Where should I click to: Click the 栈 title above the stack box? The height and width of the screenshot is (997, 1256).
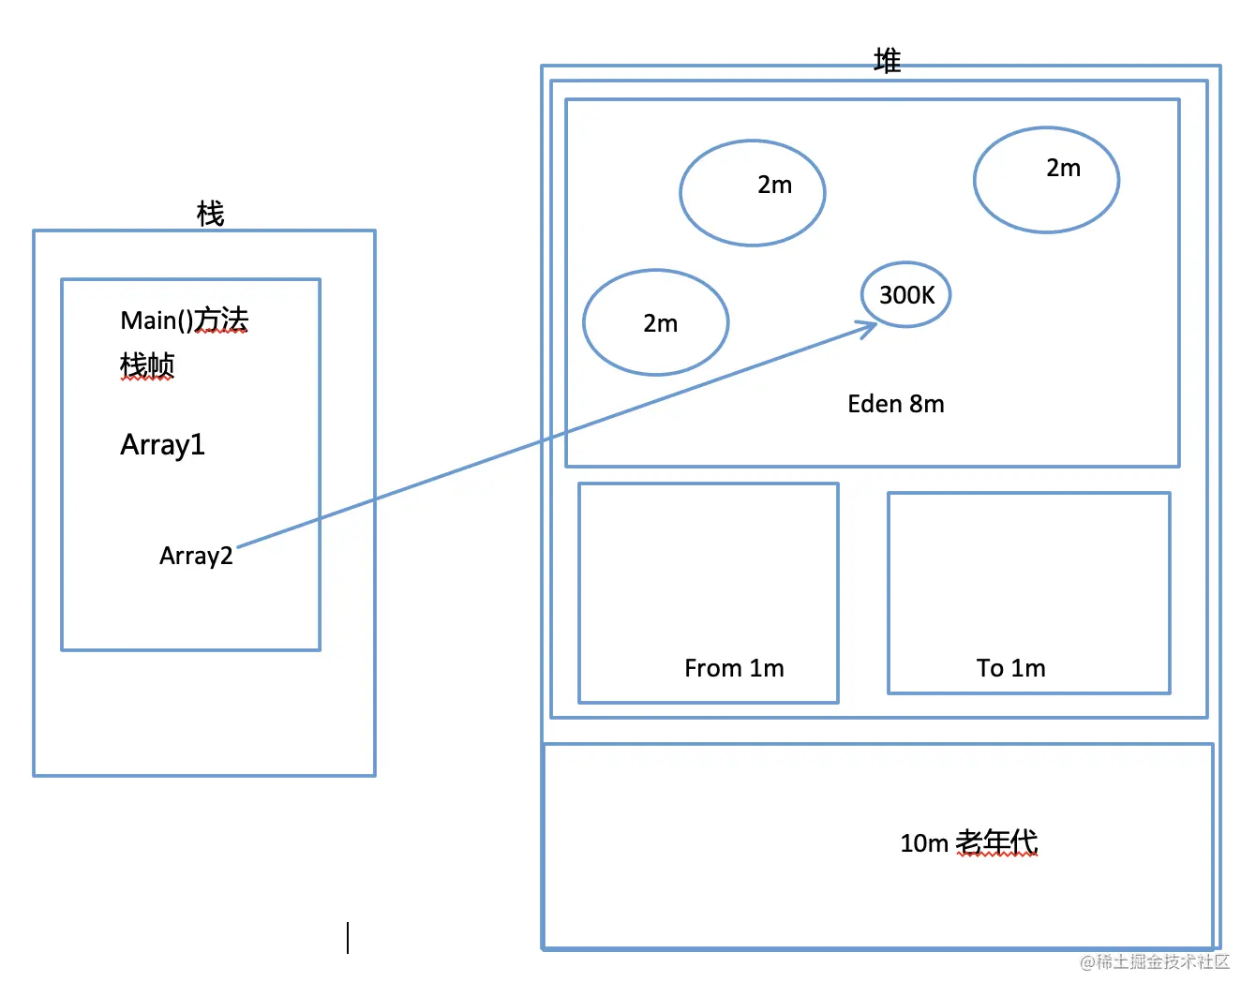[x=210, y=214]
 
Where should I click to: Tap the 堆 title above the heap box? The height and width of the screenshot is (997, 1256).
[x=887, y=61]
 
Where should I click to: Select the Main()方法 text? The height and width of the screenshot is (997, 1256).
[x=185, y=320]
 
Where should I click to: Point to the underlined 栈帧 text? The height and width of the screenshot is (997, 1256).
[x=147, y=365]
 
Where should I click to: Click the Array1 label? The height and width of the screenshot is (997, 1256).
[x=162, y=444]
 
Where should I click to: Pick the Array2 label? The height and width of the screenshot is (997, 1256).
[x=196, y=556]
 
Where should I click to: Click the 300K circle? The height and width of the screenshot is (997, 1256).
[x=905, y=295]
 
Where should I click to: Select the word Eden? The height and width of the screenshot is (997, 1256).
[x=875, y=404]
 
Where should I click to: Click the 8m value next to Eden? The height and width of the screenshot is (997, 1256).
[x=927, y=404]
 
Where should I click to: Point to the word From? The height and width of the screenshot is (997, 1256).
[x=713, y=668]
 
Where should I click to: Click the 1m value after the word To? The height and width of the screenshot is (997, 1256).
[x=1028, y=668]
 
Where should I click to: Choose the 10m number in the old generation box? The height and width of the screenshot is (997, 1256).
[x=924, y=843]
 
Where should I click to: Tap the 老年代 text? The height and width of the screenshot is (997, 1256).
[x=996, y=842]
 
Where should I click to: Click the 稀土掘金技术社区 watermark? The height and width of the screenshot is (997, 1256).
[x=1156, y=962]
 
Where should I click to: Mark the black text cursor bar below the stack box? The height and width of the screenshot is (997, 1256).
[x=348, y=938]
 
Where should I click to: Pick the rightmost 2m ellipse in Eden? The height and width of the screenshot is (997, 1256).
[x=1046, y=180]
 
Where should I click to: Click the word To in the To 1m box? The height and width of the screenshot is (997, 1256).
[x=990, y=668]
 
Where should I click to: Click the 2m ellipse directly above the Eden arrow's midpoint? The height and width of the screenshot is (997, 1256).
[x=753, y=193]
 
